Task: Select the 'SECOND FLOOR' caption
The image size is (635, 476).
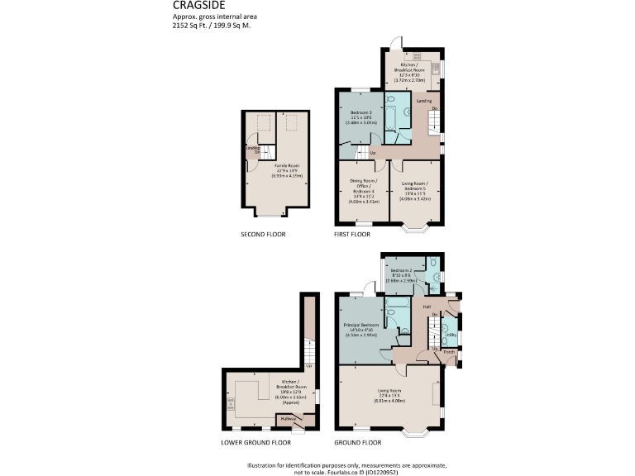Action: (262, 235)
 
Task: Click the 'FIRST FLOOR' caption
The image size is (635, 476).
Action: (353, 235)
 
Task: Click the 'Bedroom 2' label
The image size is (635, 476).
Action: (401, 271)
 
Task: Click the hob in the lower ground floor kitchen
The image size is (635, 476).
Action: (229, 405)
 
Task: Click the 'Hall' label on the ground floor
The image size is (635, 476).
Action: (427, 307)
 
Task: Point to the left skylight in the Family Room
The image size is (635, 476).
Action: (265, 124)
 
